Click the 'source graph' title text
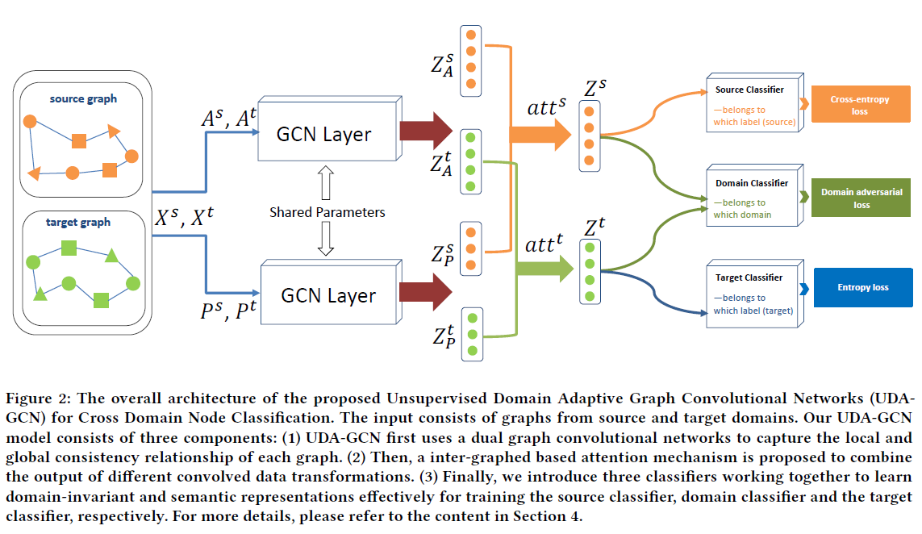83,99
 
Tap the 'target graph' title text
78,223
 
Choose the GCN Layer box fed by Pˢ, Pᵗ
328,295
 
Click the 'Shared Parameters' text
327,212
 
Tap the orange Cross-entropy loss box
859,105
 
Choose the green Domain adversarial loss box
861,198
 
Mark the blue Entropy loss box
862,287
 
